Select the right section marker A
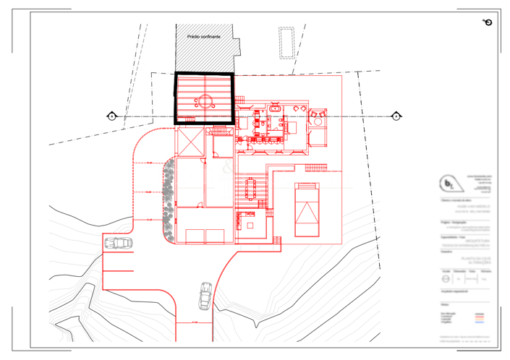tap(396, 116)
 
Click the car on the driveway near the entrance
tap(205, 295)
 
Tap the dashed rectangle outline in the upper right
tap(286, 43)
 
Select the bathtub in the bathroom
tap(276, 111)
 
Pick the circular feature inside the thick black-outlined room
tap(204, 101)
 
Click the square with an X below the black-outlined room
tap(190, 143)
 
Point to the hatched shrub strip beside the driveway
tap(169, 200)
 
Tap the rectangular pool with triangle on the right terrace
tap(308, 210)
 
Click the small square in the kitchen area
tap(250, 226)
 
